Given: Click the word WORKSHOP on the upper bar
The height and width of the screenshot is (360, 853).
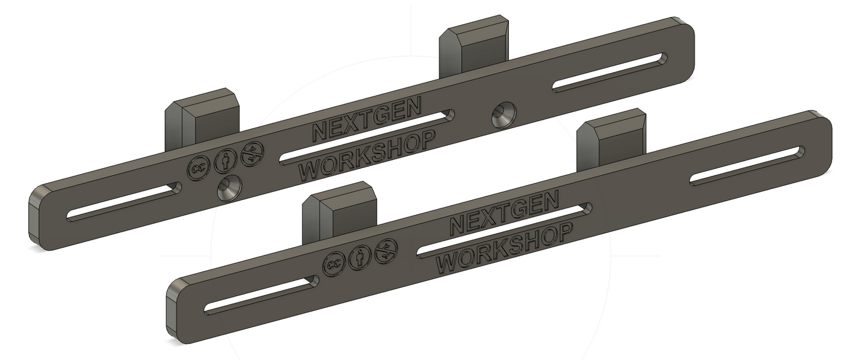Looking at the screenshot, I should tap(367, 154).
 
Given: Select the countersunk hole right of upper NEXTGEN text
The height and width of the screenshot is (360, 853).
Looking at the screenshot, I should tap(504, 114).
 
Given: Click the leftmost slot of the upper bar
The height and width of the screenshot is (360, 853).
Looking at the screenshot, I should tap(124, 202).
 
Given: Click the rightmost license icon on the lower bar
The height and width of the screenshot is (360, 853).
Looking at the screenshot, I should tap(385, 250).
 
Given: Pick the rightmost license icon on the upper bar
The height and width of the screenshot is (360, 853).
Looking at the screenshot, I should tap(253, 152).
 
